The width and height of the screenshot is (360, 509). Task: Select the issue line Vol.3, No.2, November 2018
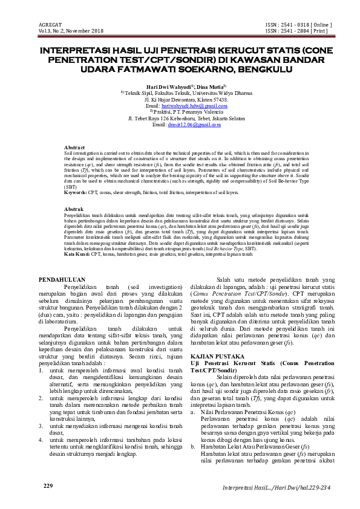point(71,30)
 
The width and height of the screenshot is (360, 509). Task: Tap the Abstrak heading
point(74,209)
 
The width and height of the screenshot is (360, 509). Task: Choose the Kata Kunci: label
point(77,255)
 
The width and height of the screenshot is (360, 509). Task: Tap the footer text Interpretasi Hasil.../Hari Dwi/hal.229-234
point(277,488)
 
